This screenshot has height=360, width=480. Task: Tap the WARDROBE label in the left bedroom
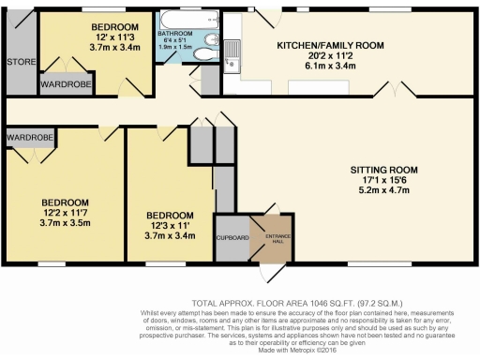pyautogui.click(x=30, y=137)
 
